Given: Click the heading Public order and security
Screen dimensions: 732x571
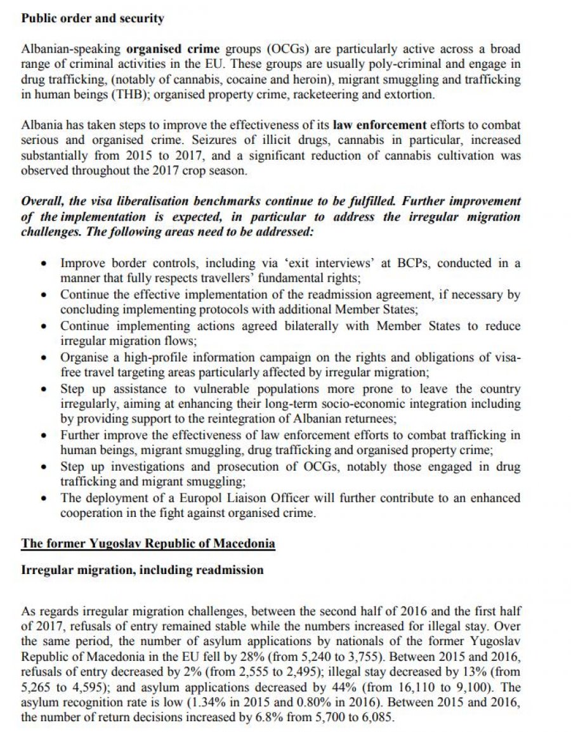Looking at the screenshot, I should (x=93, y=18).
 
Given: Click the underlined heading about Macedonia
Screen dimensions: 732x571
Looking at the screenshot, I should (x=148, y=544).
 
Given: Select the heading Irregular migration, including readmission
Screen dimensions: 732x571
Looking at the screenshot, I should (x=142, y=570).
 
